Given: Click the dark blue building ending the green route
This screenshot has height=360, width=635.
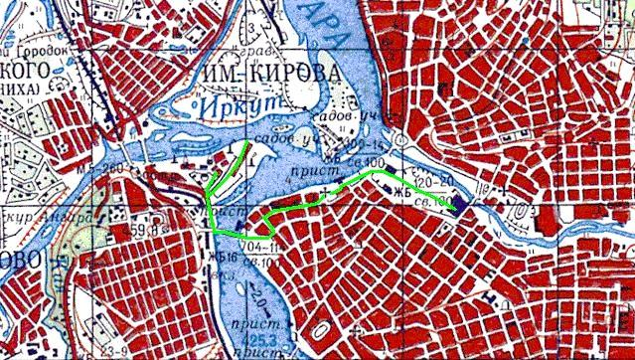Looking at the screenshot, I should pyautogui.click(x=458, y=206).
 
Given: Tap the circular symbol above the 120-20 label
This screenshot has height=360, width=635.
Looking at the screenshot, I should pyautogui.click(x=397, y=140).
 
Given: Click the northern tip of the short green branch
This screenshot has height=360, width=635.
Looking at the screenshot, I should pyautogui.click(x=248, y=145).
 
